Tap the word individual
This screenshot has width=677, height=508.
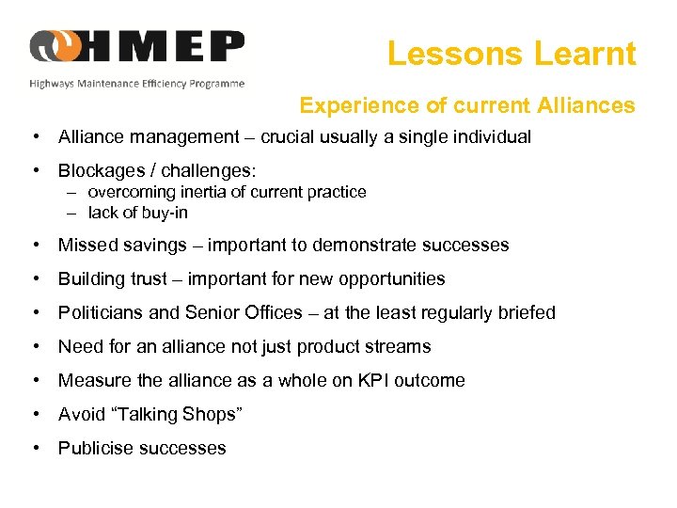[x=488, y=137]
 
